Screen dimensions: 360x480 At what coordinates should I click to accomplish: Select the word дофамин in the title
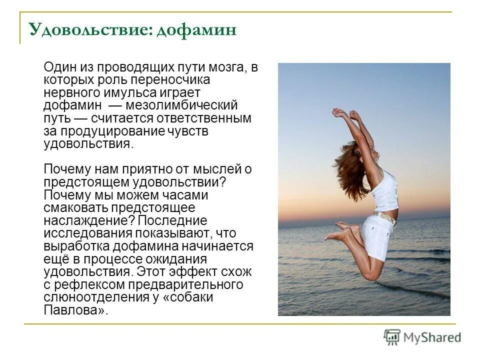pyautogui.click(x=196, y=30)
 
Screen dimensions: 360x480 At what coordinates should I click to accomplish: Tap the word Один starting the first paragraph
pyautogui.click(x=59, y=68)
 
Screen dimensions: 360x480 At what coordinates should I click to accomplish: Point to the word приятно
pyautogui.click(x=143, y=169)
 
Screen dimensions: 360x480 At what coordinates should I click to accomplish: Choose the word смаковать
pyautogui.click(x=73, y=207)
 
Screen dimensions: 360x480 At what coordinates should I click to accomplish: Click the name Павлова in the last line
pyautogui.click(x=74, y=309)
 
